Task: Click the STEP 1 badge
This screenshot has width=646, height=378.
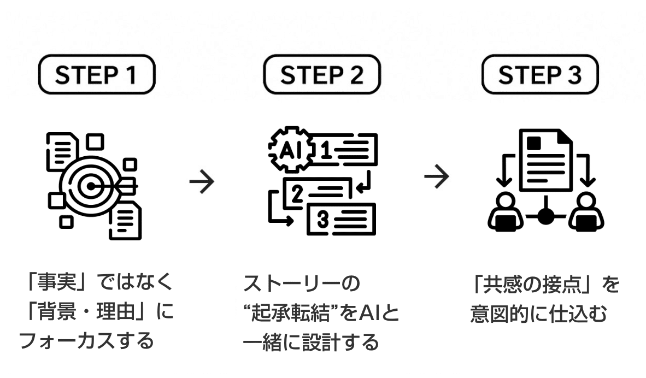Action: coord(96,75)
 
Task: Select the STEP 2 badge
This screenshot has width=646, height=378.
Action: coord(321,75)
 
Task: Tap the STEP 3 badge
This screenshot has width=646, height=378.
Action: coord(540,75)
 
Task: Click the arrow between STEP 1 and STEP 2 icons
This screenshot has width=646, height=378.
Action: coord(202,182)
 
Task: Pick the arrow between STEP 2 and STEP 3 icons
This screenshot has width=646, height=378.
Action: coord(437,176)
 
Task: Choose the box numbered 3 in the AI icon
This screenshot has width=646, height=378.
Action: coord(341,219)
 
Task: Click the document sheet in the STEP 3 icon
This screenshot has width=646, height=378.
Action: coord(545,159)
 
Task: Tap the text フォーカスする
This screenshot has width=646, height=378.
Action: coord(86,341)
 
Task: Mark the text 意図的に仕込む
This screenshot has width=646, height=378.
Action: coord(539,315)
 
